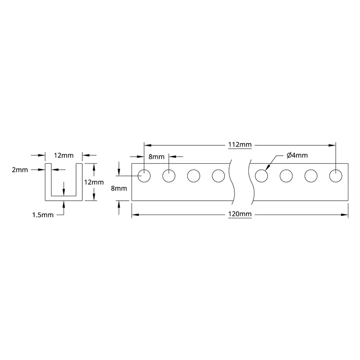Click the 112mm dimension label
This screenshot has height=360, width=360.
[x=240, y=144]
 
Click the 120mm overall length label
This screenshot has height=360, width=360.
[x=240, y=214]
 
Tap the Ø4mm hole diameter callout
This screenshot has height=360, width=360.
[x=297, y=155]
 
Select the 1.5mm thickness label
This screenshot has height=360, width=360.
[x=43, y=215]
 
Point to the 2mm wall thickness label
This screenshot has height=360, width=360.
[x=20, y=170]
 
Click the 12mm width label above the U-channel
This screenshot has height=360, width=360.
[x=63, y=155]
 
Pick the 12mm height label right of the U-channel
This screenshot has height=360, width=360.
[x=94, y=182]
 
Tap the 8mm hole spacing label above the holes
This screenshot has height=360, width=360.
[x=156, y=157]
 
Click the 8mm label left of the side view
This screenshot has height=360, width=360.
[x=119, y=188]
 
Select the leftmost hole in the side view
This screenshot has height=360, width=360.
[x=144, y=176]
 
